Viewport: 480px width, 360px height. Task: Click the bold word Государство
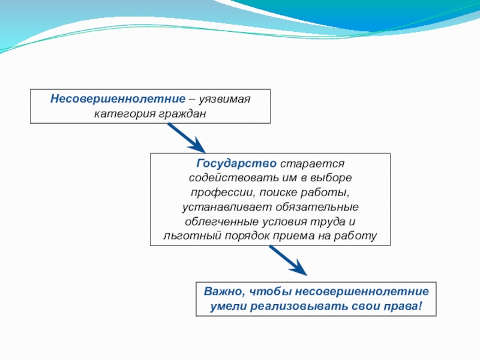coord(236,164)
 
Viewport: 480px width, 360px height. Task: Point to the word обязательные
coord(317,207)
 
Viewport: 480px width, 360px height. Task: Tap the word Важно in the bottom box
coord(222,292)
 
